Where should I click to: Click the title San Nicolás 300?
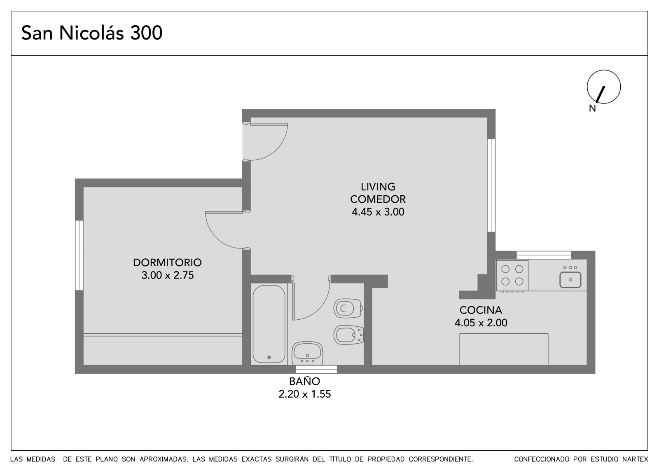[92, 33]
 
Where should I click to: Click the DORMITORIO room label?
[167, 262]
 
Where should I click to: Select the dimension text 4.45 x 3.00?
[378, 212]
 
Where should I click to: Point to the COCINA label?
[481, 310]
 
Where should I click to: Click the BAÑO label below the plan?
[304, 381]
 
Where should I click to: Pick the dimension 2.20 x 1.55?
[304, 394]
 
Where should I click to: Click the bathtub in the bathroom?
[269, 324]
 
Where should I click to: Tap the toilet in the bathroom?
[348, 309]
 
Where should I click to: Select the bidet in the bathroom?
[348, 335]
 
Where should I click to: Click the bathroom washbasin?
[307, 353]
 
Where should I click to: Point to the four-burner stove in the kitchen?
[512, 275]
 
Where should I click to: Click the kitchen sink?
[570, 280]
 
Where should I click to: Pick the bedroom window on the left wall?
[79, 255]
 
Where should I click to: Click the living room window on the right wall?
[491, 186]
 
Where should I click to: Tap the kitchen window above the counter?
[544, 255]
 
